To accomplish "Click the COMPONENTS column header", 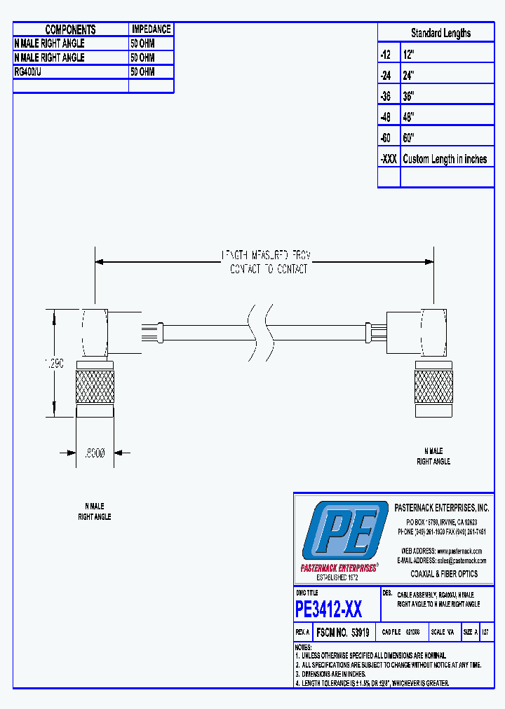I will pos(70,29).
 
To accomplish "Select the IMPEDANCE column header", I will pos(151,29).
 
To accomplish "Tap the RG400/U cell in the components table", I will pos(28,71).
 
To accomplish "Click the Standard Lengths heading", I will pos(440,33).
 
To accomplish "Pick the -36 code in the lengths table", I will pos(386,96).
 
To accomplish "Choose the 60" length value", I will pos(409,138).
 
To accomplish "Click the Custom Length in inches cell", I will pos(445,159).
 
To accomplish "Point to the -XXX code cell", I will pos(389,159).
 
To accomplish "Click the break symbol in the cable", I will pos(259,324).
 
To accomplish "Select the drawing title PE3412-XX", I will pos(329,610).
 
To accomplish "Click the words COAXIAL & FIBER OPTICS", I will pos(444,574).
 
